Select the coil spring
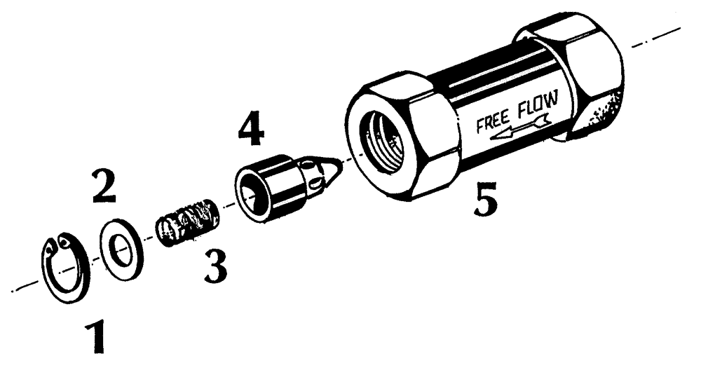click(188, 222)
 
